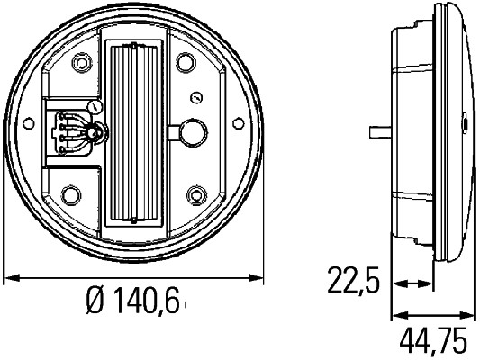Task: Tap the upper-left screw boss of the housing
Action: point(84,62)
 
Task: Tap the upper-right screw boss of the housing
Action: point(186,62)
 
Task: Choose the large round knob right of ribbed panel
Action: point(189,131)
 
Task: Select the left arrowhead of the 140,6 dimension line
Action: point(11,275)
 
